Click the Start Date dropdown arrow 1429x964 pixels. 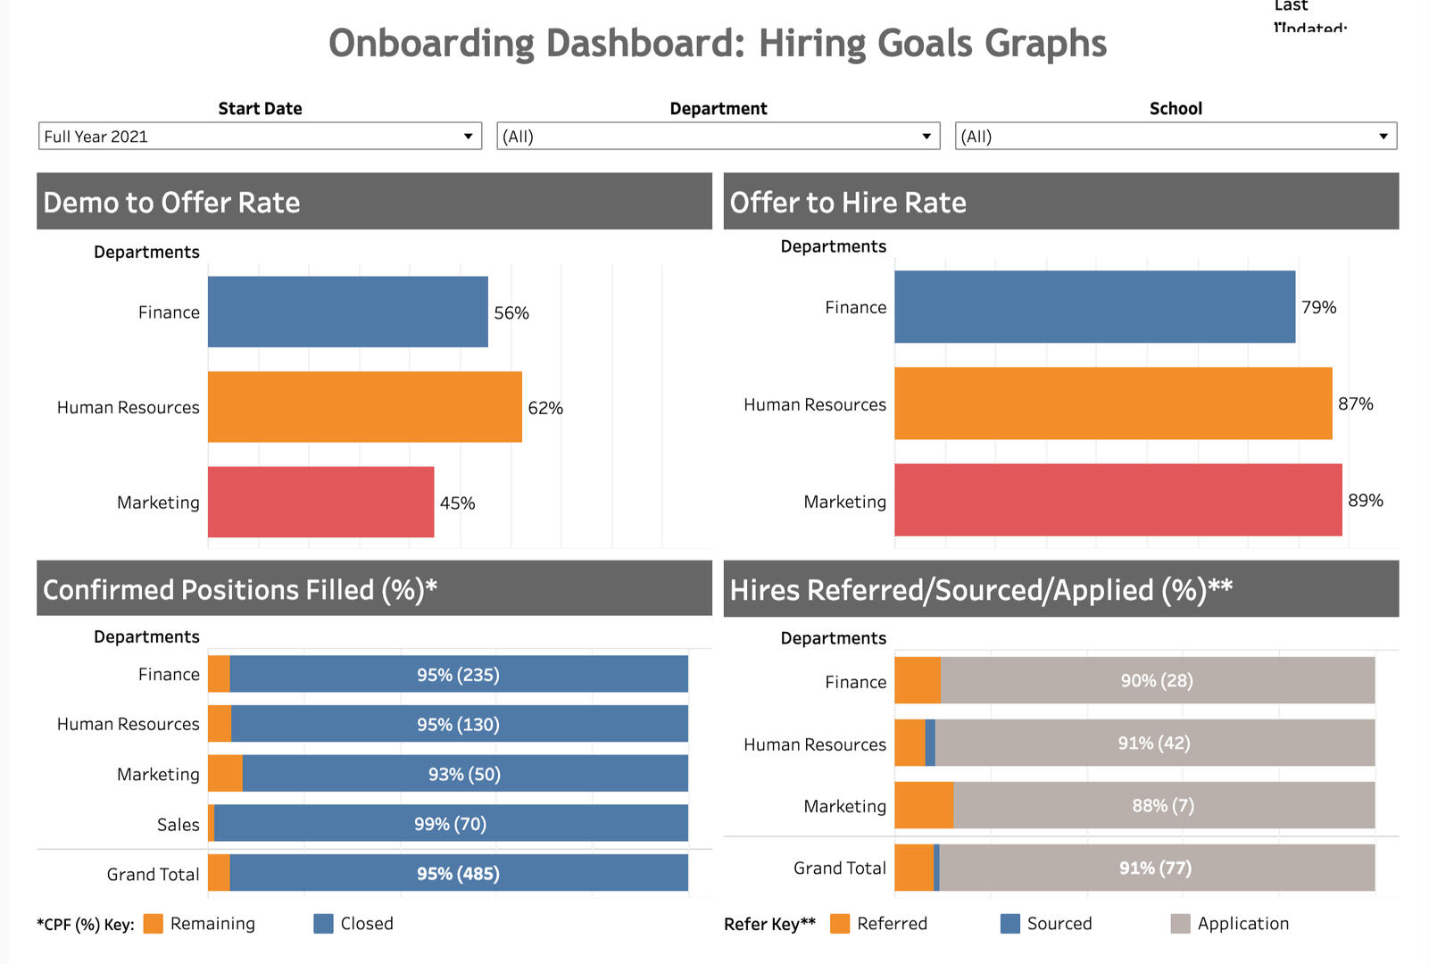(468, 137)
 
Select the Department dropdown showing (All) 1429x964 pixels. (718, 137)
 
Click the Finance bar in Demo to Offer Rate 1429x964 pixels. (347, 312)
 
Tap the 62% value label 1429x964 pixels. (545, 408)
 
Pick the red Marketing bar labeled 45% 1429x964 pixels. (320, 502)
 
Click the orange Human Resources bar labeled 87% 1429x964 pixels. (1112, 403)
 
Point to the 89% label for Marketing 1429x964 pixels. (1365, 501)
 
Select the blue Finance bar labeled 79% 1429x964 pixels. (1094, 307)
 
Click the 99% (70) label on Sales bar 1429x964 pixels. (450, 824)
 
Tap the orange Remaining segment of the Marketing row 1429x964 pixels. (225, 773)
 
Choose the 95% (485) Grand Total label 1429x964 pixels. (458, 874)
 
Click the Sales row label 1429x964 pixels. (178, 825)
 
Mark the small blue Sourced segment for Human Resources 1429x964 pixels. (930, 743)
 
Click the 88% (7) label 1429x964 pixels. (1162, 805)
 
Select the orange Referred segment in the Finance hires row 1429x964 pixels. (917, 680)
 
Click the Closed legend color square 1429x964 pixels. (323, 924)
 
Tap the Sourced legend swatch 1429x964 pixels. (1009, 924)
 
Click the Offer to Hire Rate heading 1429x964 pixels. (847, 203)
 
